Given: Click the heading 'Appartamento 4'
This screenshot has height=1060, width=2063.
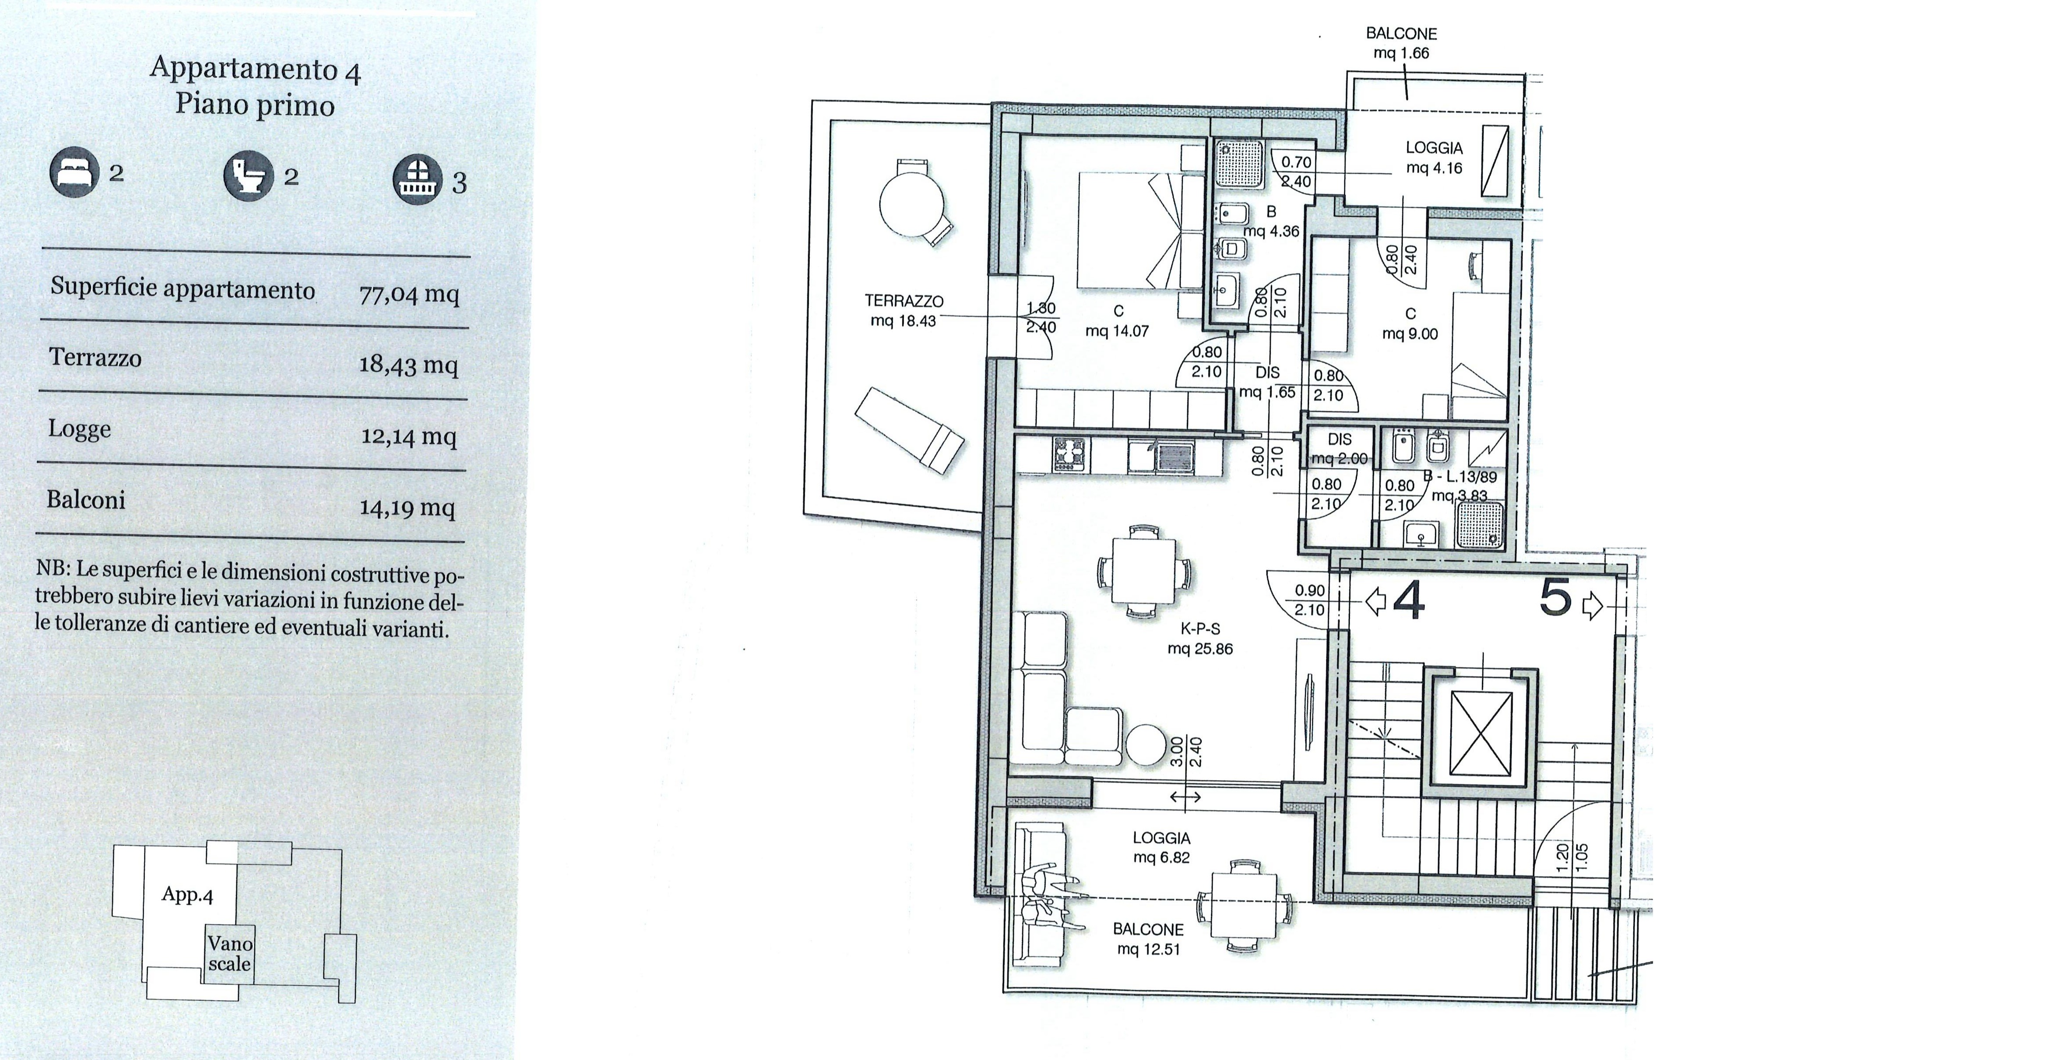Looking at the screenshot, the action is click(x=256, y=69).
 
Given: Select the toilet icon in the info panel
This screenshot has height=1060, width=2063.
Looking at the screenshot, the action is click(x=248, y=175).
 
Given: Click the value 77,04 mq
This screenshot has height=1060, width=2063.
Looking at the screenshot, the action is click(x=409, y=294).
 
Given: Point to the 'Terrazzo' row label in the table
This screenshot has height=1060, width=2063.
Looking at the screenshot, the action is click(x=95, y=357).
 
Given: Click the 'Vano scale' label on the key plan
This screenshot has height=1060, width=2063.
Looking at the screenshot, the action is click(x=230, y=954).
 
